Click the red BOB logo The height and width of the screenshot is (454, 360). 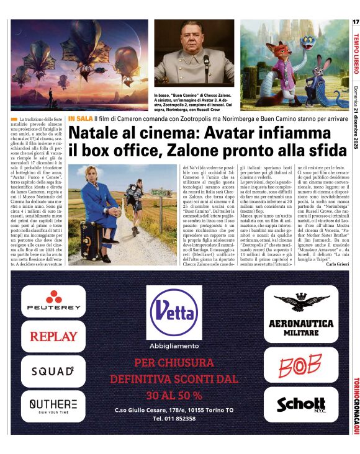301,367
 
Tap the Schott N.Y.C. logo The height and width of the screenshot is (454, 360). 301,404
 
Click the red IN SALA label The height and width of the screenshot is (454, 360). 80,118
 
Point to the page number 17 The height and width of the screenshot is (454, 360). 355,22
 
